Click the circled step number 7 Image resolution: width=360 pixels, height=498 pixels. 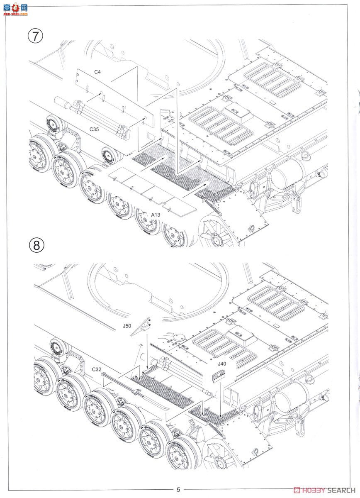tap(35, 36)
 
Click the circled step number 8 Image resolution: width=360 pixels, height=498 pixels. tap(36, 245)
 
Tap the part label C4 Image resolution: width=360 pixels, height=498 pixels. tap(97, 72)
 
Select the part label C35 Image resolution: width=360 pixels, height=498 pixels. tap(94, 129)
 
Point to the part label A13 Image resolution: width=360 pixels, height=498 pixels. tap(156, 215)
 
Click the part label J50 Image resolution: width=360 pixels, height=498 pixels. tap(127, 326)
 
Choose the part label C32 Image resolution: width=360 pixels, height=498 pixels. tap(97, 369)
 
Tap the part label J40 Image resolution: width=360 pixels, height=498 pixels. tap(222, 364)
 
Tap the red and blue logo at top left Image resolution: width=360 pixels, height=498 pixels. tap(16, 9)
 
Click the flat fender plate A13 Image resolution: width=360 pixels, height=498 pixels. tap(152, 191)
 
